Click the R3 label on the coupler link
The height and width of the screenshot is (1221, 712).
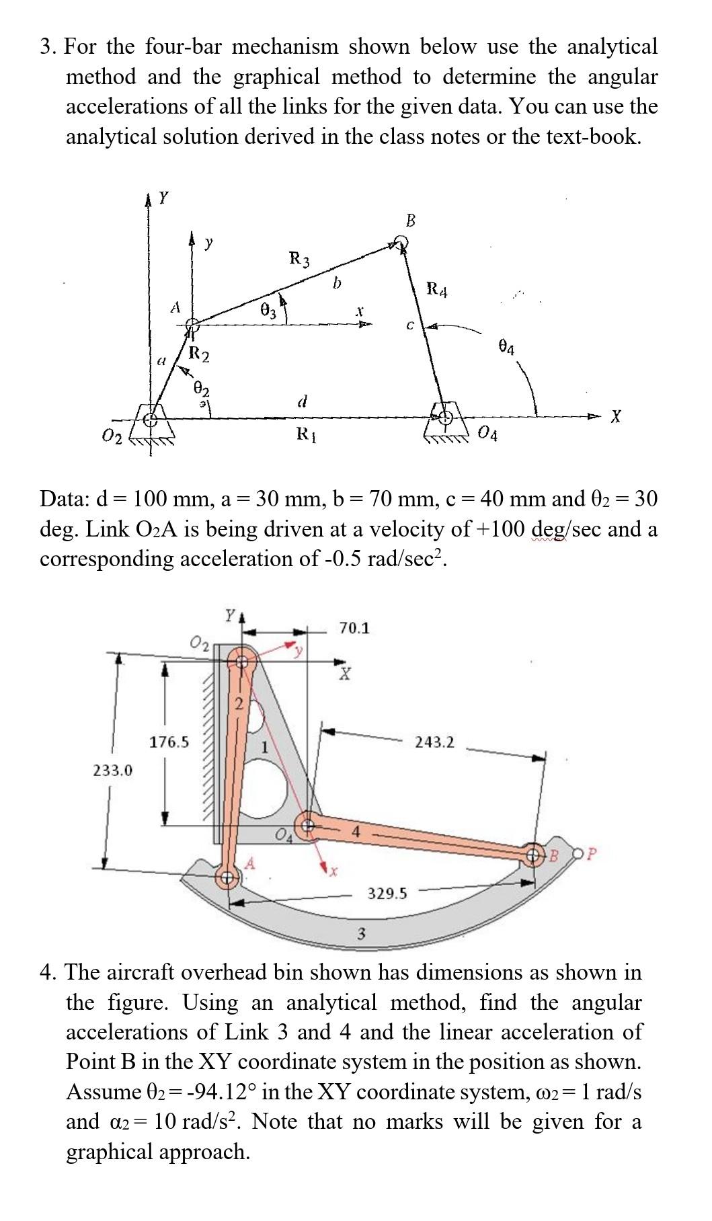[300, 258]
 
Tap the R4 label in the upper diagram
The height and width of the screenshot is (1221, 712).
[437, 291]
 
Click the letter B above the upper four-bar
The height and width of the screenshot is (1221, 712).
[411, 220]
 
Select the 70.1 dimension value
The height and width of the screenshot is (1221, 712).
[354, 628]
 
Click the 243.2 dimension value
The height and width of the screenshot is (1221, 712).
[434, 742]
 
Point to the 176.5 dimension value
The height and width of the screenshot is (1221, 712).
[169, 742]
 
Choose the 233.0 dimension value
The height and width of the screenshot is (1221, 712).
[112, 770]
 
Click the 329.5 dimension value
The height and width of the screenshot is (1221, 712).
[387, 893]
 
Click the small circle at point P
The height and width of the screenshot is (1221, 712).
[579, 855]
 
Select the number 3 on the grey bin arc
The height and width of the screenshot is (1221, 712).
[361, 933]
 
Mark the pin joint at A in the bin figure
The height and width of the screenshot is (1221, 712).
[227, 877]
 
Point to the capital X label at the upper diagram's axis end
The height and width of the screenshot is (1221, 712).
[615, 418]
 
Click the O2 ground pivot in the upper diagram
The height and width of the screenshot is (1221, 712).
[151, 420]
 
